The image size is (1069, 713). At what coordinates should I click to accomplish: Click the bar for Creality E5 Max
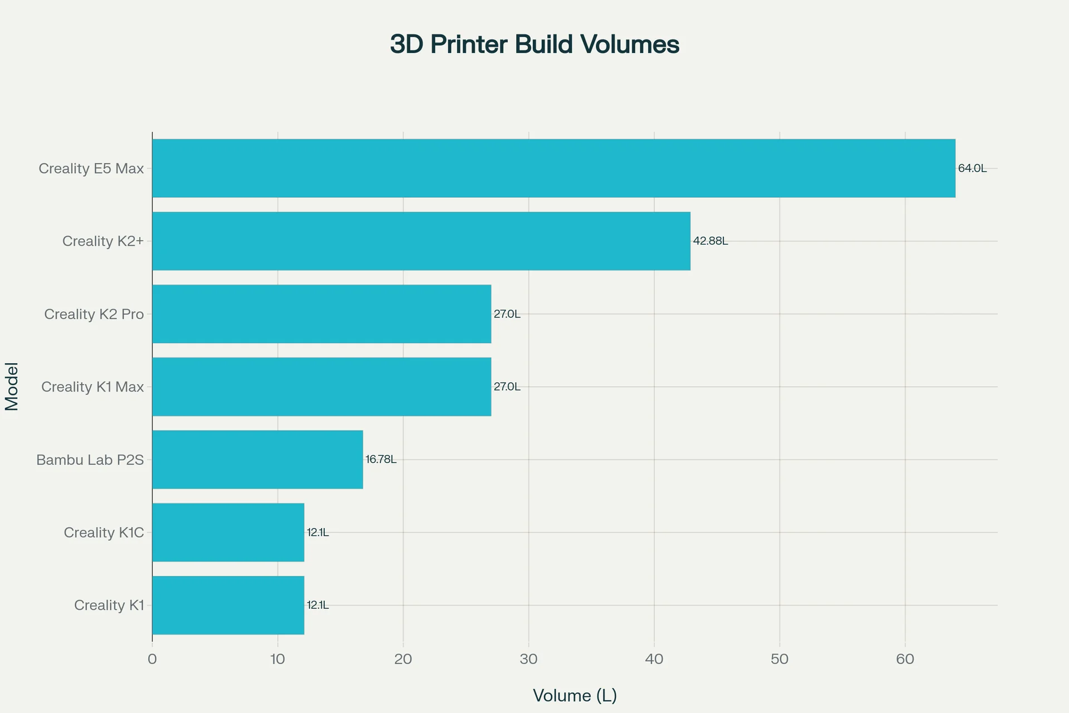pyautogui.click(x=553, y=168)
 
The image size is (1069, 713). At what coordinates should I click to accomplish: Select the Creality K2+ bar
pyautogui.click(x=421, y=241)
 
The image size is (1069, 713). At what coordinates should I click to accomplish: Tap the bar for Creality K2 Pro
pyautogui.click(x=321, y=314)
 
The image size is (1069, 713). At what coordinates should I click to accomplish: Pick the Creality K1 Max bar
pyautogui.click(x=321, y=387)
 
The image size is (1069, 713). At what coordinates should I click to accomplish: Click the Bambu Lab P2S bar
pyautogui.click(x=257, y=460)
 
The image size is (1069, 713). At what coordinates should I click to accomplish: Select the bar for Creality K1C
pyautogui.click(x=228, y=533)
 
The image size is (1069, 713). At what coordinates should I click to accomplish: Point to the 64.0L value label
pyautogui.click(x=972, y=168)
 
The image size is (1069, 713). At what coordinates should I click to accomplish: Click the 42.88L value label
pyautogui.click(x=710, y=241)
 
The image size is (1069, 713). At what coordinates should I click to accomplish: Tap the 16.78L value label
pyautogui.click(x=381, y=460)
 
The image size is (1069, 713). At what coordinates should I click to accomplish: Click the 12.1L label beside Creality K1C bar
pyautogui.click(x=317, y=533)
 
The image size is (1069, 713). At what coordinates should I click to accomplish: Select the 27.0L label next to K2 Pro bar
pyautogui.click(x=507, y=314)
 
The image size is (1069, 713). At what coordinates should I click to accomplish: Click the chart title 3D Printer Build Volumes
pyautogui.click(x=534, y=45)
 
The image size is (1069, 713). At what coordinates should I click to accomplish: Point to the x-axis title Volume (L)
pyautogui.click(x=575, y=695)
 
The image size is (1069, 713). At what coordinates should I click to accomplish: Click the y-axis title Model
pyautogui.click(x=12, y=387)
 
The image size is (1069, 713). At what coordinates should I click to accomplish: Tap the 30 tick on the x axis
pyautogui.click(x=528, y=660)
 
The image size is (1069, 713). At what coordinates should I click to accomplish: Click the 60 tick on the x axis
pyautogui.click(x=905, y=660)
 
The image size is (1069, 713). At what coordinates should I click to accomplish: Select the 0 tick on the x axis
pyautogui.click(x=152, y=660)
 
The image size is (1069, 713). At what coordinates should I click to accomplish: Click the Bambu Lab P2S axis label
pyautogui.click(x=90, y=460)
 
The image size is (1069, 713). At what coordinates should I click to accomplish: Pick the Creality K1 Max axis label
pyautogui.click(x=92, y=387)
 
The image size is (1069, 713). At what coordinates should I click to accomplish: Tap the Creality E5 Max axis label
pyautogui.click(x=91, y=168)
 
